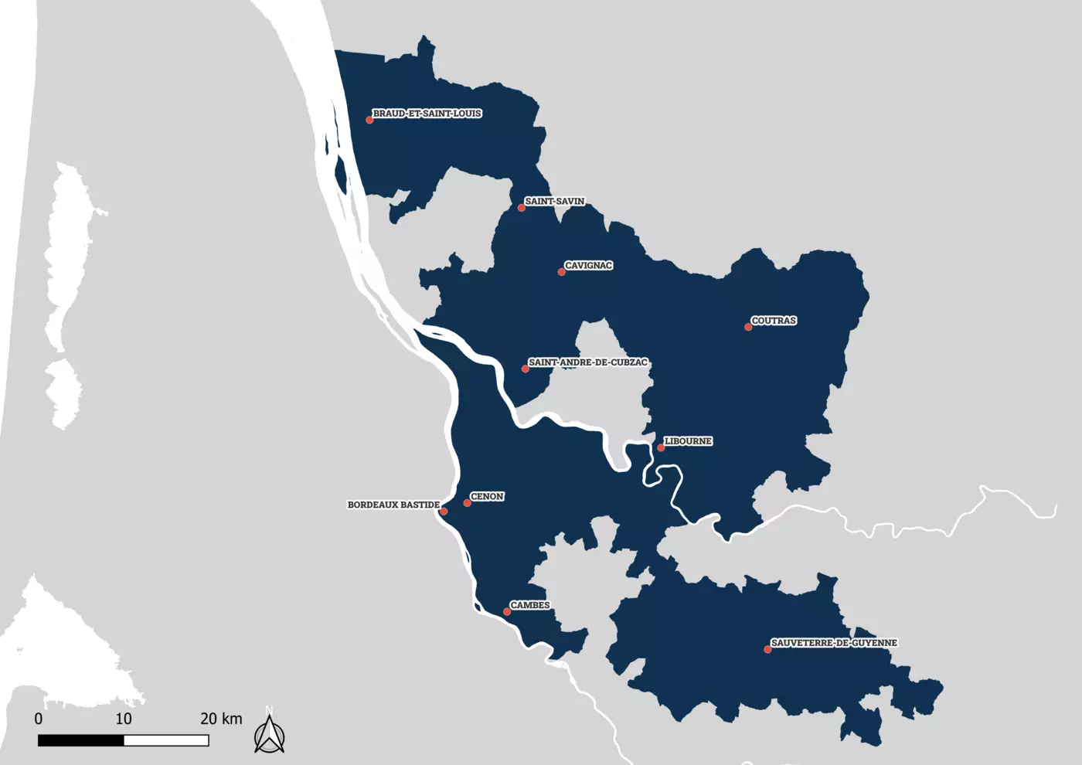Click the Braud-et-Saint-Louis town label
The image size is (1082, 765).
pyautogui.click(x=427, y=114)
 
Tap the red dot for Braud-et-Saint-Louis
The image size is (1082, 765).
pyautogui.click(x=369, y=120)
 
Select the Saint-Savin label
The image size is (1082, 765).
pyautogui.click(x=554, y=201)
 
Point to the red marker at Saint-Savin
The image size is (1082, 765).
pyautogui.click(x=522, y=208)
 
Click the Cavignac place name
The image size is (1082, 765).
pyautogui.click(x=588, y=265)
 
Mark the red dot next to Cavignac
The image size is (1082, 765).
pyautogui.click(x=561, y=272)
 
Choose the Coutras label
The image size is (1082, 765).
pyautogui.click(x=774, y=320)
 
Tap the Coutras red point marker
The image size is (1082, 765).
pyautogui.click(x=748, y=327)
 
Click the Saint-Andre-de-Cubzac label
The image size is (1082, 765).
pyautogui.click(x=587, y=362)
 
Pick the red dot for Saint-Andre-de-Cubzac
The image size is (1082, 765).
pyautogui.click(x=526, y=369)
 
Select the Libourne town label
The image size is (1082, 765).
pyautogui.click(x=688, y=440)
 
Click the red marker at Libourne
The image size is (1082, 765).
pyautogui.click(x=661, y=447)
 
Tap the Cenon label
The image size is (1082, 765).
pyautogui.click(x=487, y=496)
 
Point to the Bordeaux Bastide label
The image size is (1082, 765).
pyautogui.click(x=393, y=505)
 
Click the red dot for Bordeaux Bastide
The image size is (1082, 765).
pyautogui.click(x=444, y=512)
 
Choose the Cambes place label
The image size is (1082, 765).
pyautogui.click(x=529, y=605)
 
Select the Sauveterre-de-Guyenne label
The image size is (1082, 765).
pyautogui.click(x=834, y=642)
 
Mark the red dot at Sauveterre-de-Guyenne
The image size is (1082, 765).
pyautogui.click(x=767, y=649)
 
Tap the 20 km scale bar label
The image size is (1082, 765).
pyautogui.click(x=221, y=719)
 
